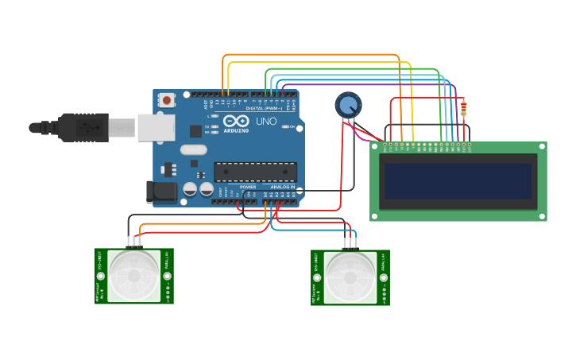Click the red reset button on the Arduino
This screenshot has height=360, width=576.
tap(167, 100)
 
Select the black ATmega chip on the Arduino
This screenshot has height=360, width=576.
tap(255, 171)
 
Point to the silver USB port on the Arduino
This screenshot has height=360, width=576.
tap(155, 127)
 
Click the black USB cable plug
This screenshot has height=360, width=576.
tap(83, 127)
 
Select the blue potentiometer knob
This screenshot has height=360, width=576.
tap(348, 104)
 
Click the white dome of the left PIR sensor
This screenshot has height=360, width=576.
tap(133, 275)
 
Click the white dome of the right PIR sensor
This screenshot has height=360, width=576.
tap(350, 277)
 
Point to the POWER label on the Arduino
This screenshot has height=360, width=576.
tap(248, 187)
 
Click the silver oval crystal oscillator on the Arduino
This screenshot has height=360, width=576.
tap(193, 149)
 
